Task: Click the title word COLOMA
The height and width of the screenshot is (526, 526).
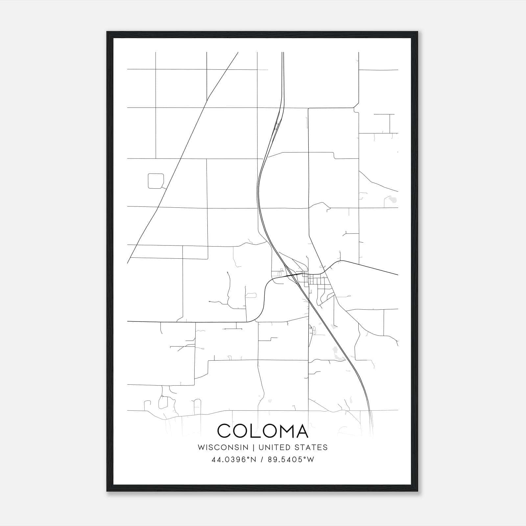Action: pos(263,431)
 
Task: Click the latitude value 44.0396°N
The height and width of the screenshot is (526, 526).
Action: pos(234,460)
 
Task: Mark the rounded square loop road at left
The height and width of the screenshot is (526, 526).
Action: pos(156,181)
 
